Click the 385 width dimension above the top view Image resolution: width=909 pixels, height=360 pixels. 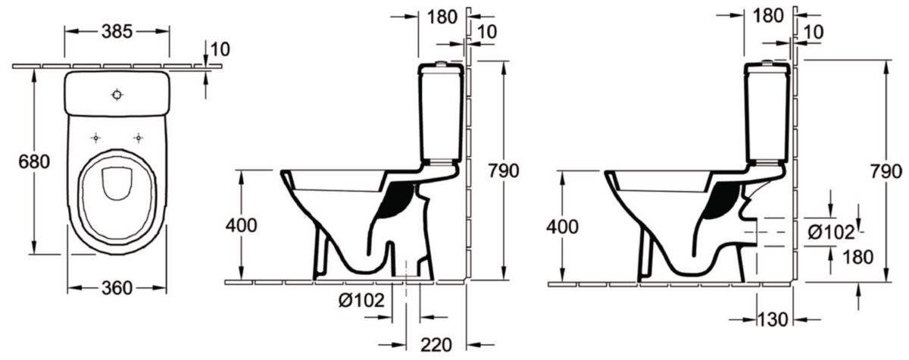tap(117, 31)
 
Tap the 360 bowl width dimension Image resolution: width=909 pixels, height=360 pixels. tap(117, 287)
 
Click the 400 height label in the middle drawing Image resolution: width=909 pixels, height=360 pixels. tap(240, 225)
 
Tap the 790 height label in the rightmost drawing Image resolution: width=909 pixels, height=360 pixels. tap(886, 171)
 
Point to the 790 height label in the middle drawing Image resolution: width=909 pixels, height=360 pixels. tap(502, 171)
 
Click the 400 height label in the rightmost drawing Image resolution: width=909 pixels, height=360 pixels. tap(562, 226)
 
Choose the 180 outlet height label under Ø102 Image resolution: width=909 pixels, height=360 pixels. tap(845, 256)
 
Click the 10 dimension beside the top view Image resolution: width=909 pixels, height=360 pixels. tap(219, 49)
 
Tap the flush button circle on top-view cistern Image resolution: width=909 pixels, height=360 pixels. tap(117, 95)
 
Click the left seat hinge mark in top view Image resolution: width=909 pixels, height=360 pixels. tap(95, 138)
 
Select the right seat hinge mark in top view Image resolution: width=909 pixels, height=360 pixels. tap(138, 138)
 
